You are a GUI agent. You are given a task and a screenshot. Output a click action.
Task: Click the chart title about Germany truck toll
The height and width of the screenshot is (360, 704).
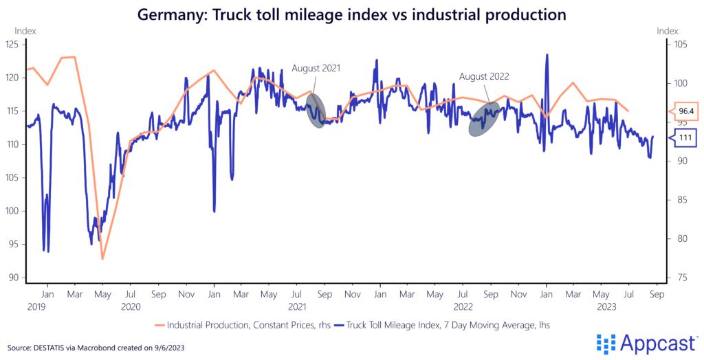tap(352, 14)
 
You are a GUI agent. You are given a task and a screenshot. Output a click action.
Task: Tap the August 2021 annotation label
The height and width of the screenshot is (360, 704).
tap(316, 68)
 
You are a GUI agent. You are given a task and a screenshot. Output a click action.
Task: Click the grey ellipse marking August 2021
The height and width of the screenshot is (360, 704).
tap(315, 111)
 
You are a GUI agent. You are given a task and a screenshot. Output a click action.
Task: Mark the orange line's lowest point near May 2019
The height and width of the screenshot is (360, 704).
tap(102, 259)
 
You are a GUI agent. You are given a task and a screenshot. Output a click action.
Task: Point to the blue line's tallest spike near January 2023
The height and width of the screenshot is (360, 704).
tap(547, 55)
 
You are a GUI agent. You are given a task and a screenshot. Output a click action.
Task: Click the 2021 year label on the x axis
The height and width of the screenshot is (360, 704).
tap(297, 306)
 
